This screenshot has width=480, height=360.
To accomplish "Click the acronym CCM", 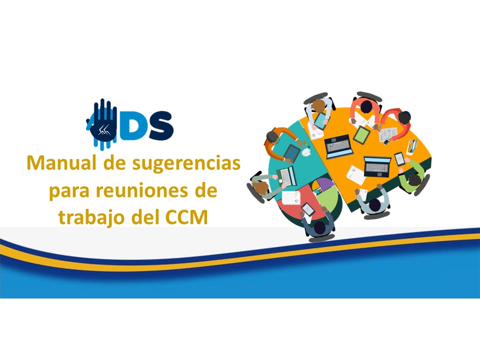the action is click(186, 217).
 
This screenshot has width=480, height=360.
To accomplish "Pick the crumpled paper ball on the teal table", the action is click(306, 151).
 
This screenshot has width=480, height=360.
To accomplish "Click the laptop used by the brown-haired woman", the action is click(286, 176).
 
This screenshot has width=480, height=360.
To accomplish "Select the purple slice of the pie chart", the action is click(324, 183).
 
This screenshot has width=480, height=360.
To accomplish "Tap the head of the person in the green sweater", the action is click(414, 179).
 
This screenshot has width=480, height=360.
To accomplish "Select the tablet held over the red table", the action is click(307, 209).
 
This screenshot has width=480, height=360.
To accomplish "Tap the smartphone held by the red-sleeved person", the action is click(386, 141).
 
